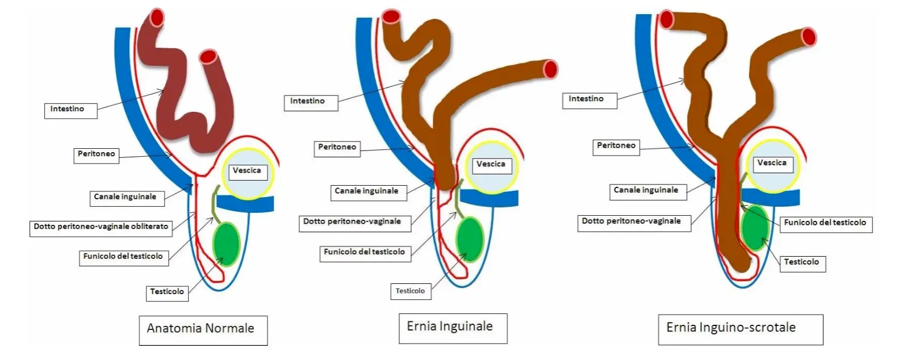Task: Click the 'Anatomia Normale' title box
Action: click(x=203, y=330)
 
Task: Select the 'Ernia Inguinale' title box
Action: click(x=452, y=328)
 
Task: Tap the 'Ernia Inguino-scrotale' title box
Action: click(x=739, y=329)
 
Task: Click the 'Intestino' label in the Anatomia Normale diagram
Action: click(x=70, y=110)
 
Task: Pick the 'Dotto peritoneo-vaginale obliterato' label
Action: click(x=101, y=228)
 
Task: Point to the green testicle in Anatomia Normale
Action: click(x=227, y=244)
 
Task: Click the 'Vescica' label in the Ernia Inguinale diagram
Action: click(x=491, y=165)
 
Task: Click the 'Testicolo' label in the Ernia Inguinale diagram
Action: click(x=410, y=291)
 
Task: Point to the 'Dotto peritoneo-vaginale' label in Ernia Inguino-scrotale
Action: click(x=633, y=222)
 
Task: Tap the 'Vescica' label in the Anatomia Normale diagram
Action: click(x=247, y=171)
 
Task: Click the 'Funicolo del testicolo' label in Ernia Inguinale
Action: click(x=366, y=253)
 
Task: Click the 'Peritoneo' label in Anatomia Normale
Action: click(x=97, y=154)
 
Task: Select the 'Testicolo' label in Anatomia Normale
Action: click(x=167, y=292)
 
